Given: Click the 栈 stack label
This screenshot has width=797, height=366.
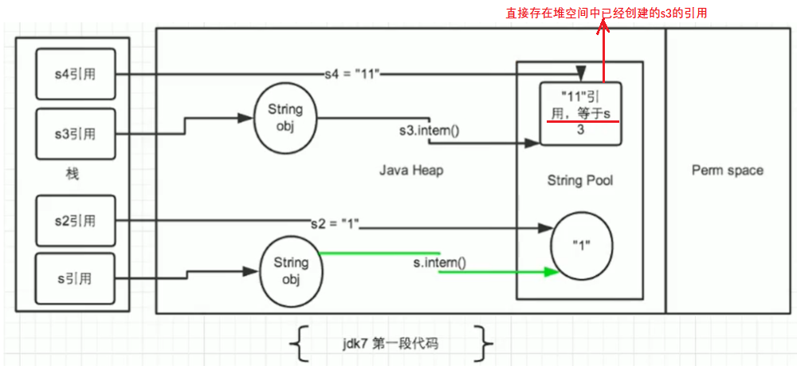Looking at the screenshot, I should tap(73, 173).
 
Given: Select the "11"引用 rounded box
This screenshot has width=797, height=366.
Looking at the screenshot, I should tap(579, 113).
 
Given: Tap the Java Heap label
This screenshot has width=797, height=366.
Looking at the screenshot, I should tap(411, 170).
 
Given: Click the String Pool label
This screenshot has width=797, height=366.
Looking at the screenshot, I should tap(579, 180).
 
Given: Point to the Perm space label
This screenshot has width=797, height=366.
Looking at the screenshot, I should tap(727, 170).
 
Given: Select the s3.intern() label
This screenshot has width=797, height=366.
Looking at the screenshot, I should tap(429, 129).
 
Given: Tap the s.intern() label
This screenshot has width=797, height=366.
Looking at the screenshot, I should tap(439, 262).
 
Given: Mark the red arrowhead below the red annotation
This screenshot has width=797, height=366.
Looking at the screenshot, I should tap(603, 26).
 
